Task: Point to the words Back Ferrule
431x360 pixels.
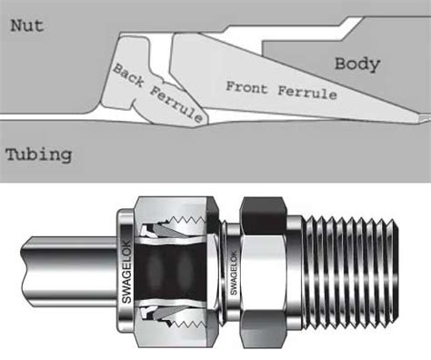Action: tap(152, 91)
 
